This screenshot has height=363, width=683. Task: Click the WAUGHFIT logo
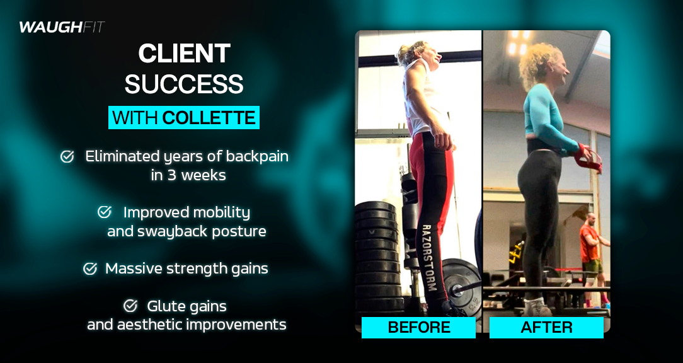(x=62, y=28)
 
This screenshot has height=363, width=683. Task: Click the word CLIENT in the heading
(x=184, y=54)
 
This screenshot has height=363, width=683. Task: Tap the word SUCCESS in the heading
(x=184, y=84)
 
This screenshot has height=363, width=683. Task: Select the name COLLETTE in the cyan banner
(x=209, y=118)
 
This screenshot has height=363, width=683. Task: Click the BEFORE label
(x=418, y=327)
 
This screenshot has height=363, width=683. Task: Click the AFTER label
(x=546, y=327)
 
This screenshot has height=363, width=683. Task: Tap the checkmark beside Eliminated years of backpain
(x=67, y=157)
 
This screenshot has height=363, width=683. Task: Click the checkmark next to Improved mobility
(x=105, y=212)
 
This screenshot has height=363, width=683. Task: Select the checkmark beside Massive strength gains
(x=90, y=268)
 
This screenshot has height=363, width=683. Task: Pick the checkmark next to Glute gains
(x=130, y=306)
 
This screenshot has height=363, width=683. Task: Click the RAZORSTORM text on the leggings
(x=428, y=258)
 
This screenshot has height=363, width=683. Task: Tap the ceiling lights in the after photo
(x=519, y=42)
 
